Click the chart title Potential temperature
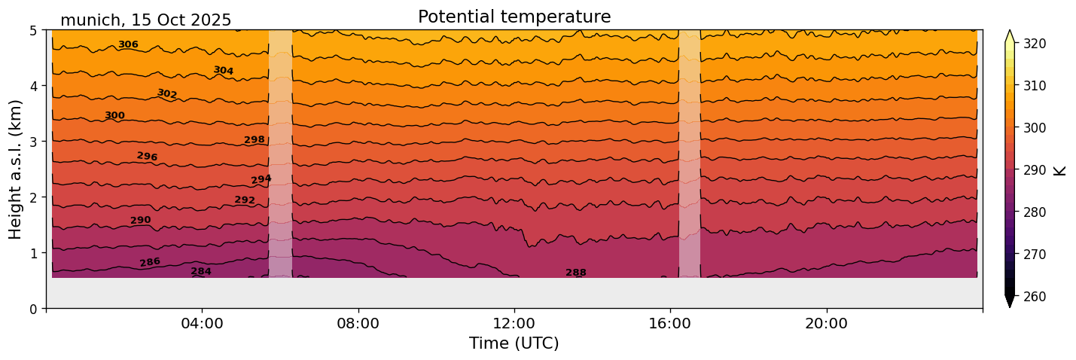(x=514, y=17)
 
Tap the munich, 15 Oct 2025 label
(x=146, y=20)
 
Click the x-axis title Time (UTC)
(x=514, y=343)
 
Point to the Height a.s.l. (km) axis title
(x=16, y=169)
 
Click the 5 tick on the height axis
(x=33, y=31)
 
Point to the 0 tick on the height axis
(x=33, y=309)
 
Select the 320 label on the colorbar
(x=1035, y=44)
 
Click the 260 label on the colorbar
(x=1035, y=297)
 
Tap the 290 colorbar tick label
(x=1035, y=170)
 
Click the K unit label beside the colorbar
(x=1060, y=170)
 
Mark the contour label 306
(x=128, y=44)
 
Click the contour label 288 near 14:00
(x=576, y=273)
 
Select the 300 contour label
(x=114, y=115)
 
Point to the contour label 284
(x=201, y=271)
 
